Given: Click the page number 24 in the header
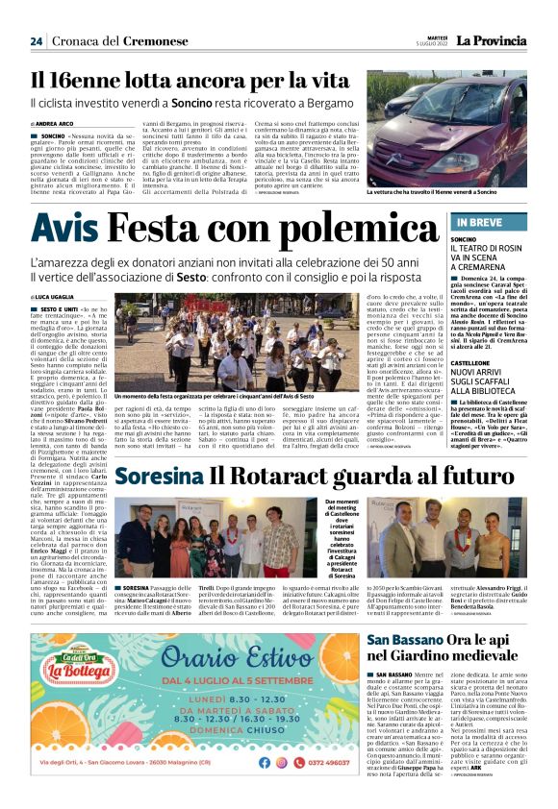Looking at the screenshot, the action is click(36, 40).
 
